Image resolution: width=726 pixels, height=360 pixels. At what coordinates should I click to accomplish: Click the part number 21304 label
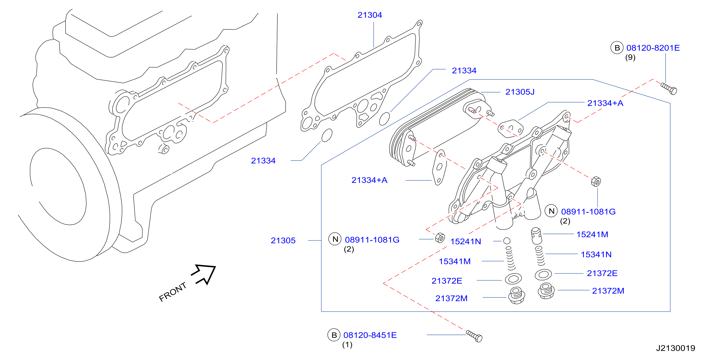tap(370, 15)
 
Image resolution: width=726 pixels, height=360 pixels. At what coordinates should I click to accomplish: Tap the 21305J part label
tap(520, 92)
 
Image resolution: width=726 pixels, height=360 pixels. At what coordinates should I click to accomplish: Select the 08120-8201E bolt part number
tap(653, 48)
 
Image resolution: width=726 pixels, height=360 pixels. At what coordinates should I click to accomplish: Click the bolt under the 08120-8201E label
tap(668, 89)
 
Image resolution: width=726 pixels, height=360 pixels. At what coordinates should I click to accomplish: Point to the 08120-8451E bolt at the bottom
tap(474, 336)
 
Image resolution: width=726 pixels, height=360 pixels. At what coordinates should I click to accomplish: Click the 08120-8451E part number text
tap(370, 335)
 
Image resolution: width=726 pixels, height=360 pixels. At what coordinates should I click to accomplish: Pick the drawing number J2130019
tap(676, 348)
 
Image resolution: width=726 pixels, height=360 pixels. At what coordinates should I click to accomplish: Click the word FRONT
tap(173, 292)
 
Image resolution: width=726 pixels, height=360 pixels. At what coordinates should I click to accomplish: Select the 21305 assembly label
tap(283, 241)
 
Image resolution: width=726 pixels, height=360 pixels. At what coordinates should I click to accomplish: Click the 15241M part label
tap(592, 234)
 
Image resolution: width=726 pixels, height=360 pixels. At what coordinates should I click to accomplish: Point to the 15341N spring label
tap(596, 254)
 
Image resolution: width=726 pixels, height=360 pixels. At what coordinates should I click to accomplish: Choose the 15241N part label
tap(466, 241)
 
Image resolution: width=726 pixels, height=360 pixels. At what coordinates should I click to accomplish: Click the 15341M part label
tap(454, 262)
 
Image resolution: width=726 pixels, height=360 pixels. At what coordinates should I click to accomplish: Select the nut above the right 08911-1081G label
tap(596, 181)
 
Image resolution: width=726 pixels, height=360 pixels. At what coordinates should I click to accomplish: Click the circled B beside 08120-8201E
tap(617, 48)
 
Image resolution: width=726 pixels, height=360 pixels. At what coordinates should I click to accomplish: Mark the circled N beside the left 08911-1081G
tap(335, 239)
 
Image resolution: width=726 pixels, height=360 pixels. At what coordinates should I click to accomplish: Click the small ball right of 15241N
tap(507, 241)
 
